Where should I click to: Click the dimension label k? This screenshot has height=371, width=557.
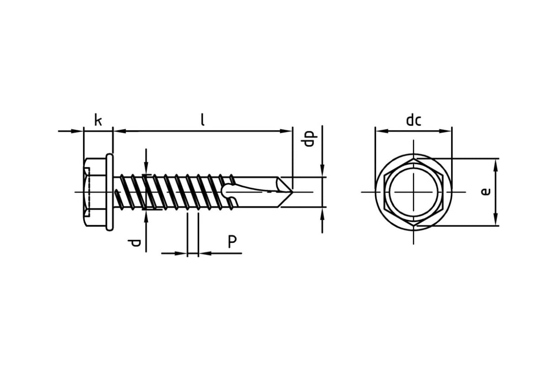[98, 120]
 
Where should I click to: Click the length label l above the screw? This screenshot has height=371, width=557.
[203, 120]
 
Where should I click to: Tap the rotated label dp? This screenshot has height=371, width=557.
[309, 139]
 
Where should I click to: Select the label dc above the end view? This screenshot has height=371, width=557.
[414, 120]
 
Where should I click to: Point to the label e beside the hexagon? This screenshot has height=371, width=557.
[486, 192]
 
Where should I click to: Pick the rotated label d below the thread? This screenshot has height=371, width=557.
[134, 243]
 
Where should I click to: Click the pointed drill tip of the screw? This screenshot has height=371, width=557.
[291, 192]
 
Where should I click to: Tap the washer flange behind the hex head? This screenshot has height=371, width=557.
[110, 192]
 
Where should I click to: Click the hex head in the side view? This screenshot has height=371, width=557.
[95, 192]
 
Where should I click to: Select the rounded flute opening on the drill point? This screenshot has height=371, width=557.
[227, 192]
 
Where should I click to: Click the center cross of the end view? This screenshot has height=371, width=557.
[413, 192]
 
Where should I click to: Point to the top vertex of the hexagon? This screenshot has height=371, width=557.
[414, 159]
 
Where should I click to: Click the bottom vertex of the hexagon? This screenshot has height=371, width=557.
[414, 226]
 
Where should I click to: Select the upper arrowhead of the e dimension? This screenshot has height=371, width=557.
[496, 165]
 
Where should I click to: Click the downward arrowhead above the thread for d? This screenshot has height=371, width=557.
[146, 168]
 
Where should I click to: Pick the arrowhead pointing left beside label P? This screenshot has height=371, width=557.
[205, 254]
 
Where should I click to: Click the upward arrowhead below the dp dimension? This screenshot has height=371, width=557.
[323, 213]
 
